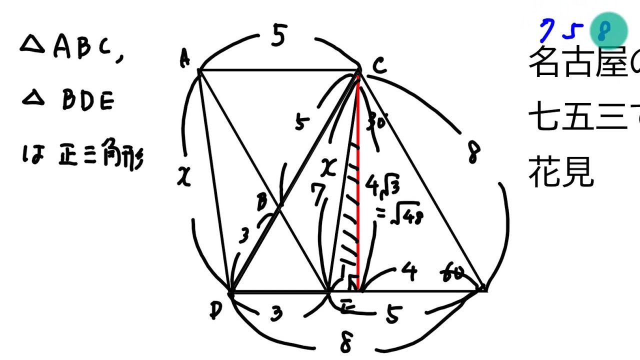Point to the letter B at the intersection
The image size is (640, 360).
(x=261, y=202)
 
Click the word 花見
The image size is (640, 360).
(x=561, y=173)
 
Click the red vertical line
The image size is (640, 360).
(x=358, y=180)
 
